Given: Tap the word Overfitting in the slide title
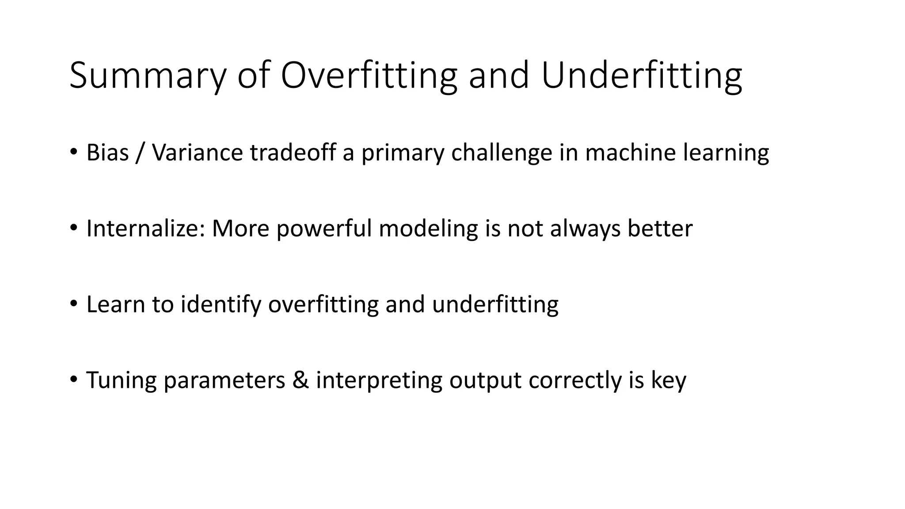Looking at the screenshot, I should tap(369, 76).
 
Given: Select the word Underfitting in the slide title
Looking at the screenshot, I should tap(641, 76).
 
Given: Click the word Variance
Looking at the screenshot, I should tap(197, 153).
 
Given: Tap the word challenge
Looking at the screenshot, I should tap(502, 153).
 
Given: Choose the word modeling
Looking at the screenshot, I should tap(428, 229).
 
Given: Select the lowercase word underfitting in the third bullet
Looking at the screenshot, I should tap(495, 305).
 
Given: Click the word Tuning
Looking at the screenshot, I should tap(121, 380).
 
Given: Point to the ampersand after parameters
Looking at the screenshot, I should tap(300, 380).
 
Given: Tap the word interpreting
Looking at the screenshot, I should tap(379, 380).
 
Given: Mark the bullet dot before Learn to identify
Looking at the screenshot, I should tap(73, 304).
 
